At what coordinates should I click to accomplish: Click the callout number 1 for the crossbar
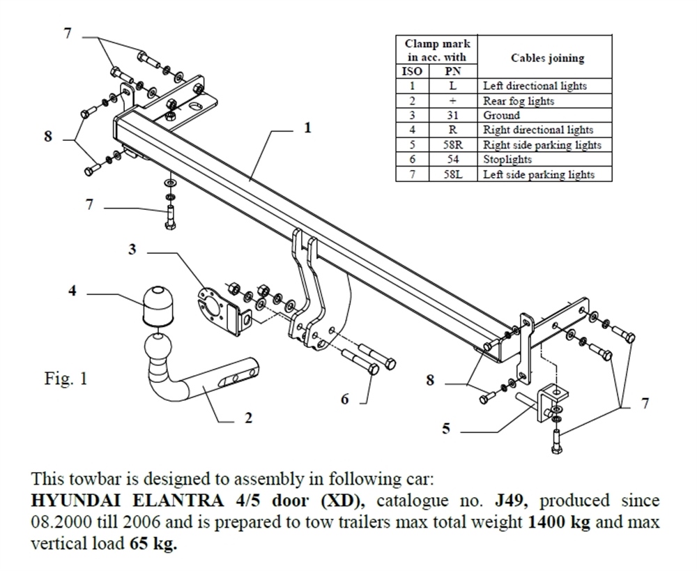pyautogui.click(x=307, y=128)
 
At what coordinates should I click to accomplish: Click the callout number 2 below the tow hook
pyautogui.click(x=249, y=418)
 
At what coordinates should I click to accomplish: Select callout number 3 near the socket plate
pyautogui.click(x=132, y=249)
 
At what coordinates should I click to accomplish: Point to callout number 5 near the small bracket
pyautogui.click(x=446, y=429)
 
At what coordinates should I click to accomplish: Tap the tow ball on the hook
pyautogui.click(x=160, y=347)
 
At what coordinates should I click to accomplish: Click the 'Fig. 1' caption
pyautogui.click(x=64, y=381)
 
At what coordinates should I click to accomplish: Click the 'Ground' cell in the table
pyautogui.click(x=502, y=115)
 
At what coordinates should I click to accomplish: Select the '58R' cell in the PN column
pyautogui.click(x=452, y=145)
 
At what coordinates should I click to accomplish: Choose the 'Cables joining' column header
pyautogui.click(x=547, y=58)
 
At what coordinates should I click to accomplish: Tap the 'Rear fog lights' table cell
pyautogui.click(x=519, y=100)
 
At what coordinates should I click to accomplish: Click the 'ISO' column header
pyautogui.click(x=413, y=71)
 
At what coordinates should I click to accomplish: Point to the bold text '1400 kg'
pyautogui.click(x=558, y=522)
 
